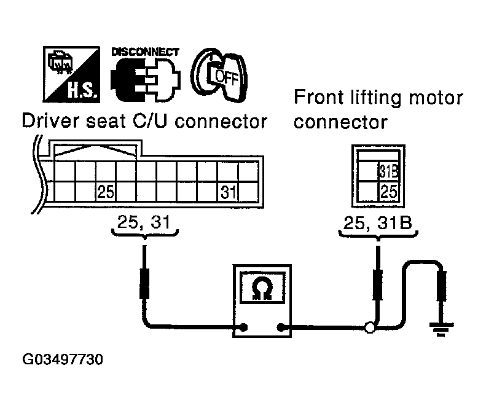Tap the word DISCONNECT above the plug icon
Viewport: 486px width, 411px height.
145,52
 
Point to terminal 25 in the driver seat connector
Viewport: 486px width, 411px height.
106,192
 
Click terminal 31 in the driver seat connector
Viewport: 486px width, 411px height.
229,192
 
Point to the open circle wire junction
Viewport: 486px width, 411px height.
370,327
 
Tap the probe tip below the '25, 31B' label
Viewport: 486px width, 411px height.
378,286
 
